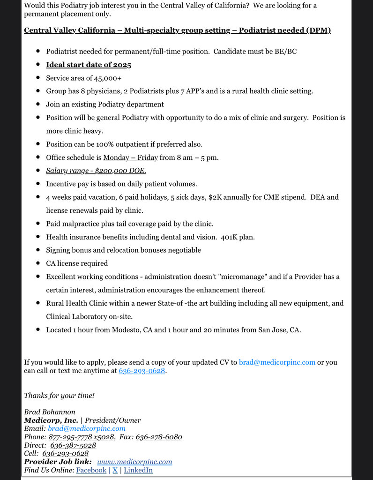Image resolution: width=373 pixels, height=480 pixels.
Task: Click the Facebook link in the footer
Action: tap(91, 470)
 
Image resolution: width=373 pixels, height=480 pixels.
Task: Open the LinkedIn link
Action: tap(138, 470)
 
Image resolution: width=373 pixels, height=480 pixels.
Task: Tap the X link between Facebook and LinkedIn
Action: tap(115, 470)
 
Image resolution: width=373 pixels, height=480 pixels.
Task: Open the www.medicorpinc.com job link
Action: tap(134, 462)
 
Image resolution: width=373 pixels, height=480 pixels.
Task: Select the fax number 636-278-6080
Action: tap(159, 437)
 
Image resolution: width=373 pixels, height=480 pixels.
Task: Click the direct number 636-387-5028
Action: tap(73, 445)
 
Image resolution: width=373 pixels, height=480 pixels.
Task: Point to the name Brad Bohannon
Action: tap(50, 412)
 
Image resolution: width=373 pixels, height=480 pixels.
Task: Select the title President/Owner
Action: tap(113, 420)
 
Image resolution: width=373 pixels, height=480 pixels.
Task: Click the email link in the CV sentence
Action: tap(277, 362)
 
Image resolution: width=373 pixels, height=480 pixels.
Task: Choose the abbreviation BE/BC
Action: tap(285, 51)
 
